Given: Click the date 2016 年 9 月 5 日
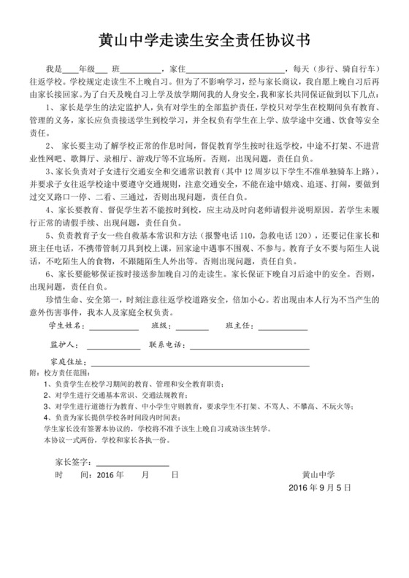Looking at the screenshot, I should point(320,487).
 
